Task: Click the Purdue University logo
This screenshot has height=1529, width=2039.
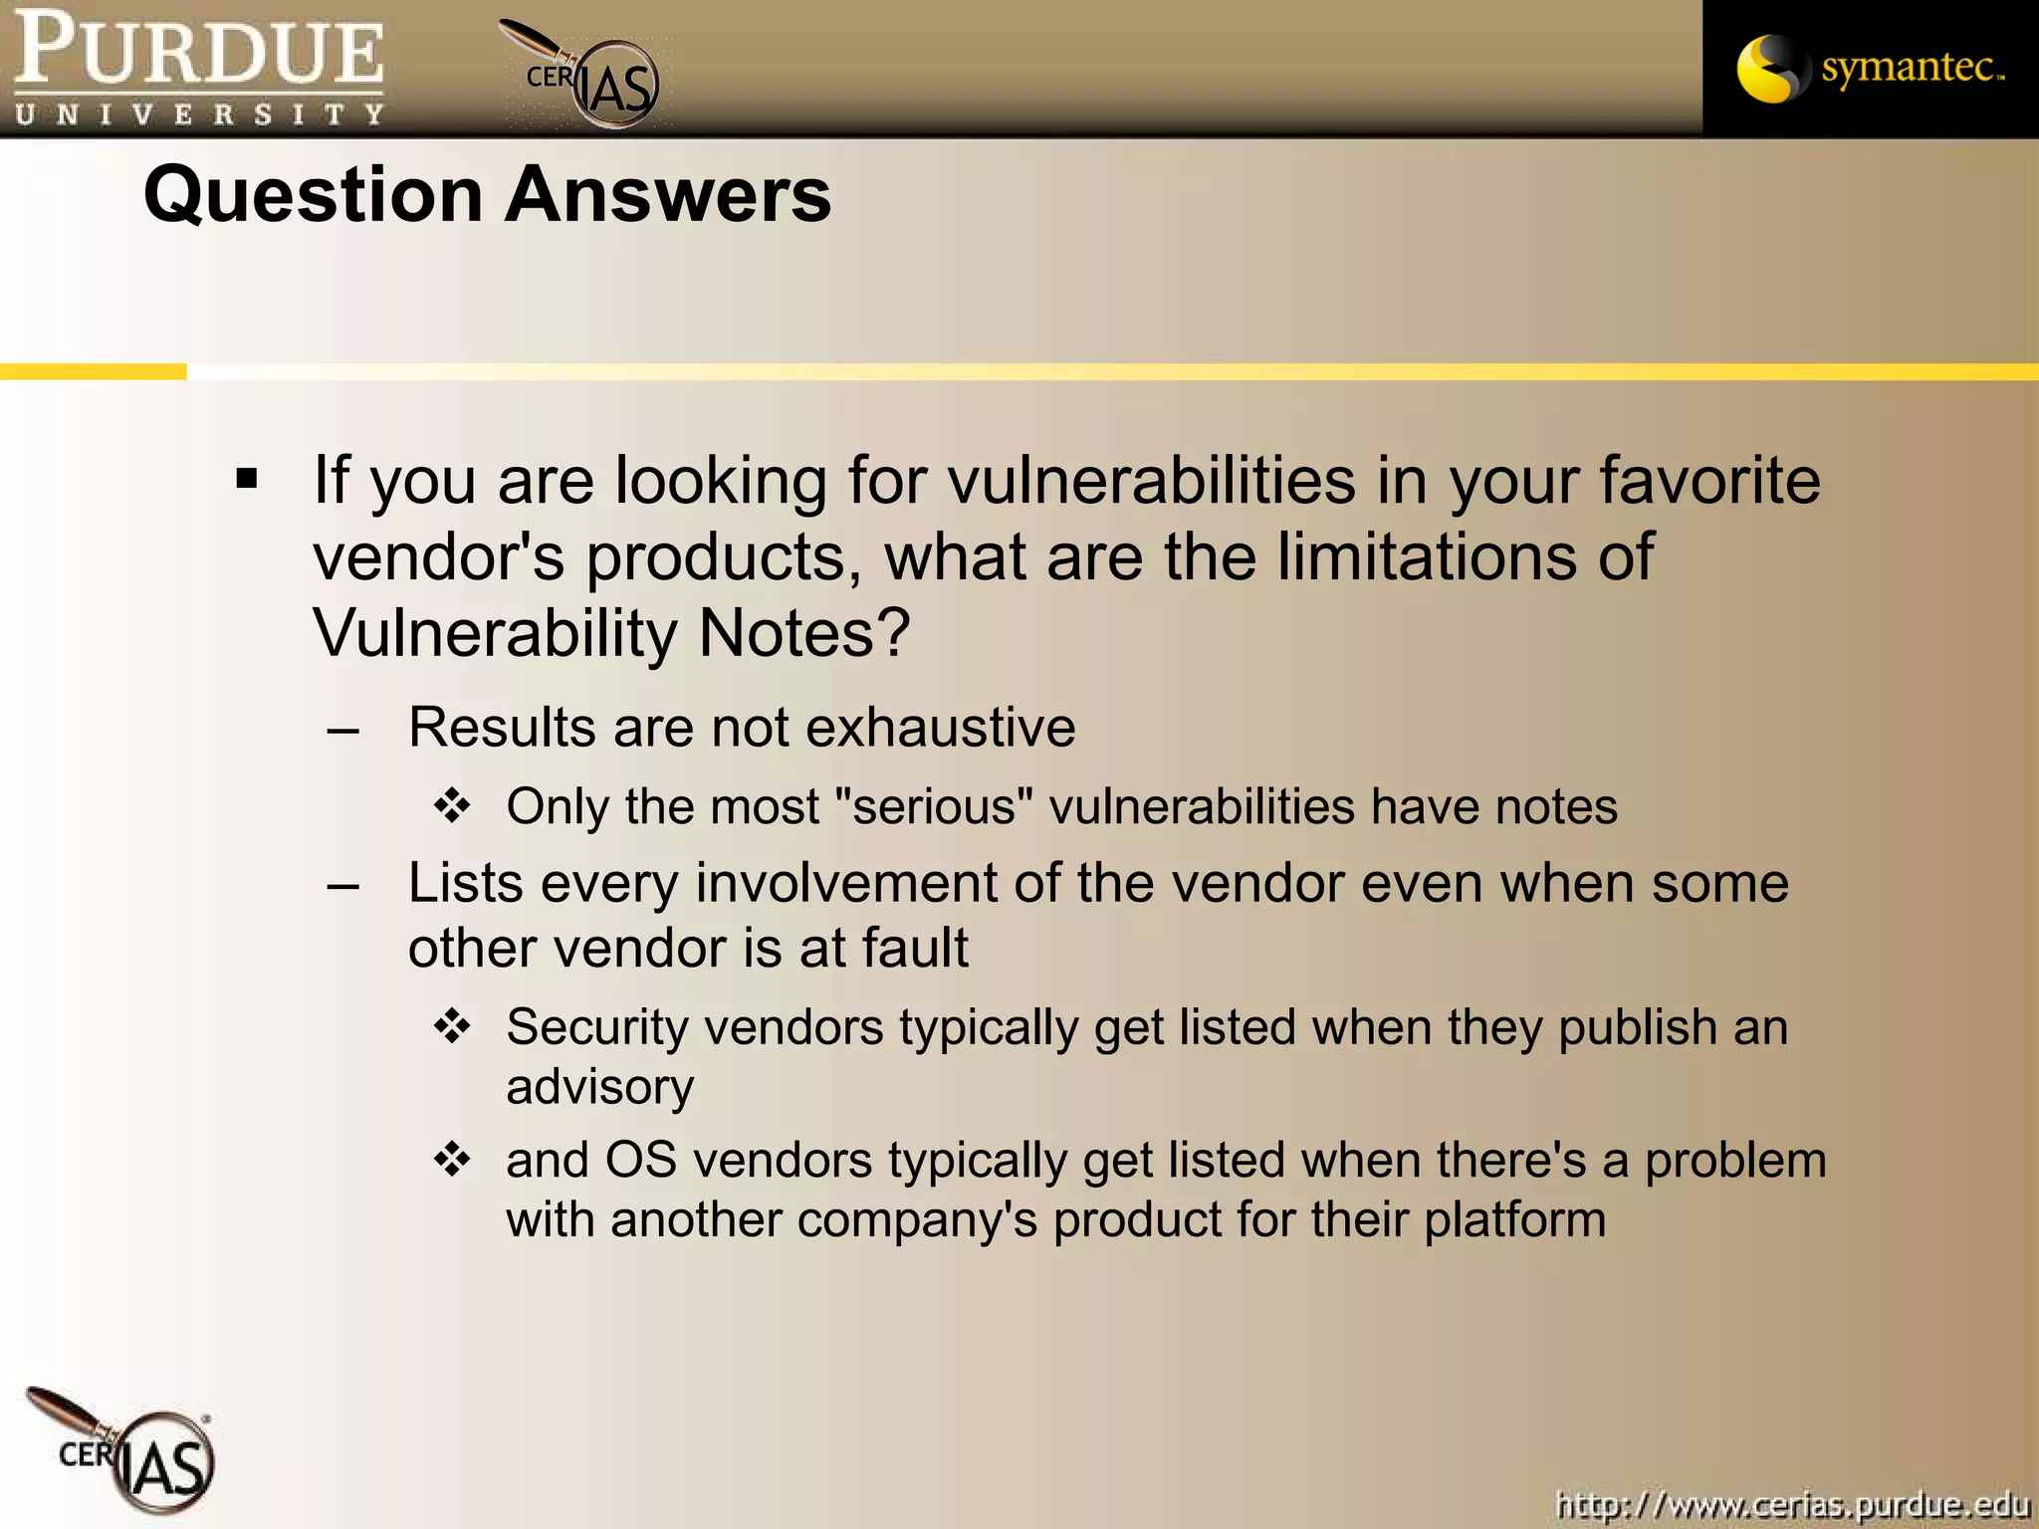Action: [199, 68]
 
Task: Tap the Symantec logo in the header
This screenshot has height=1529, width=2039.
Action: [1870, 69]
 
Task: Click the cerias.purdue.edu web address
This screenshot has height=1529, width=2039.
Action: [1791, 1504]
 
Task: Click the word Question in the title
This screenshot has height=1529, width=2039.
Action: [314, 195]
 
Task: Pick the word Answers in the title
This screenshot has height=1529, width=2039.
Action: [668, 195]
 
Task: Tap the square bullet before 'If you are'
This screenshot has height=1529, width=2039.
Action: [247, 480]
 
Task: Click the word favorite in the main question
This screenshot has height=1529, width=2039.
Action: [1709, 480]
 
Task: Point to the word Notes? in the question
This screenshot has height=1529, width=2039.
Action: [804, 633]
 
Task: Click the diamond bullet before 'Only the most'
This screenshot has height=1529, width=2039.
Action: [452, 805]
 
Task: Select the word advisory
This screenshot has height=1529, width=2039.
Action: [599, 1088]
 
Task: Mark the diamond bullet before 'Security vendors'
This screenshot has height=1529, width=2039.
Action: [452, 1026]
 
